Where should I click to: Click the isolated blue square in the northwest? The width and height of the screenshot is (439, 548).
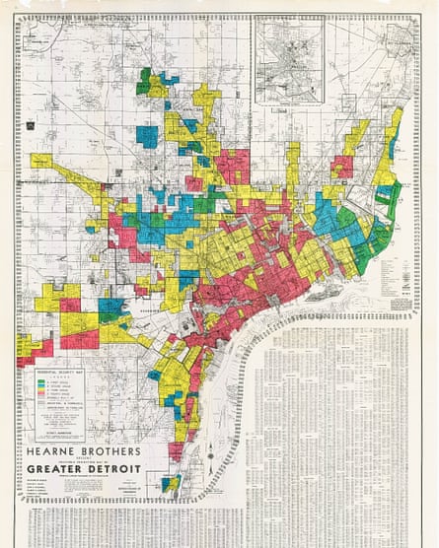(147, 136)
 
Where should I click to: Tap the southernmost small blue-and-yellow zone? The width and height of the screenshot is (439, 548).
(172, 482)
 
